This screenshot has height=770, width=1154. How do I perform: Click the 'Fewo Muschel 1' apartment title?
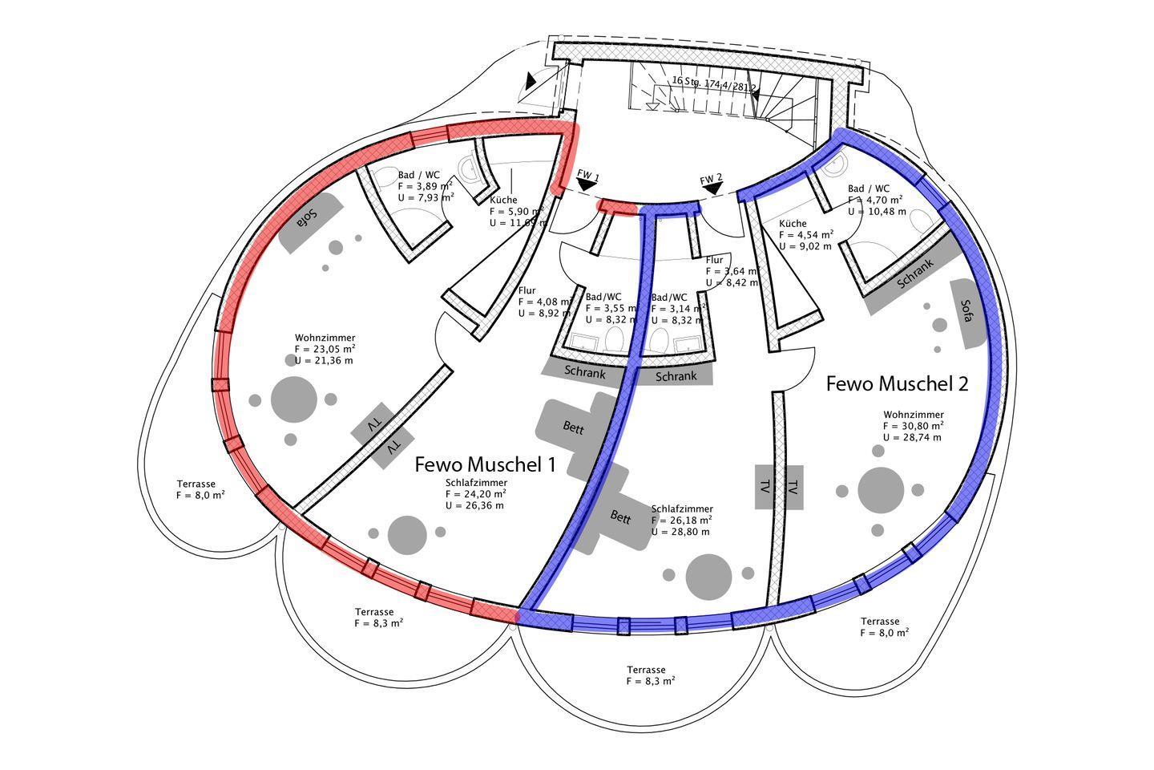point(485,464)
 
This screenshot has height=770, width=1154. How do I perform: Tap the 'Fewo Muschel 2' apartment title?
point(897,384)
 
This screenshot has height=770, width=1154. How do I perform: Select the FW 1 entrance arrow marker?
point(587,184)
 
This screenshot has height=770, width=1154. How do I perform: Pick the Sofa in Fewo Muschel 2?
point(967,312)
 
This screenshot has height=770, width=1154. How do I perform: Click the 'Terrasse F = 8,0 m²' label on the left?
point(200,489)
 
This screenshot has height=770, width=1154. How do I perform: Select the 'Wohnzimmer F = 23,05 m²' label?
point(325,349)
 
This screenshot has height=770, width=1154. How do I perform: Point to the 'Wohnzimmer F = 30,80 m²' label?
point(913,426)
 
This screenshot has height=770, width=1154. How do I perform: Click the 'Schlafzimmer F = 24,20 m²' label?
point(476,494)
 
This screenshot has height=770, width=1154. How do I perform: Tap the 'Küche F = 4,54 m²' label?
point(806,235)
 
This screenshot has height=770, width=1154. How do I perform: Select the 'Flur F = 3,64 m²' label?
point(730,271)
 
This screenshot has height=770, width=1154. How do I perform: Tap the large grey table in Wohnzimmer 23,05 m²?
point(293,399)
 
